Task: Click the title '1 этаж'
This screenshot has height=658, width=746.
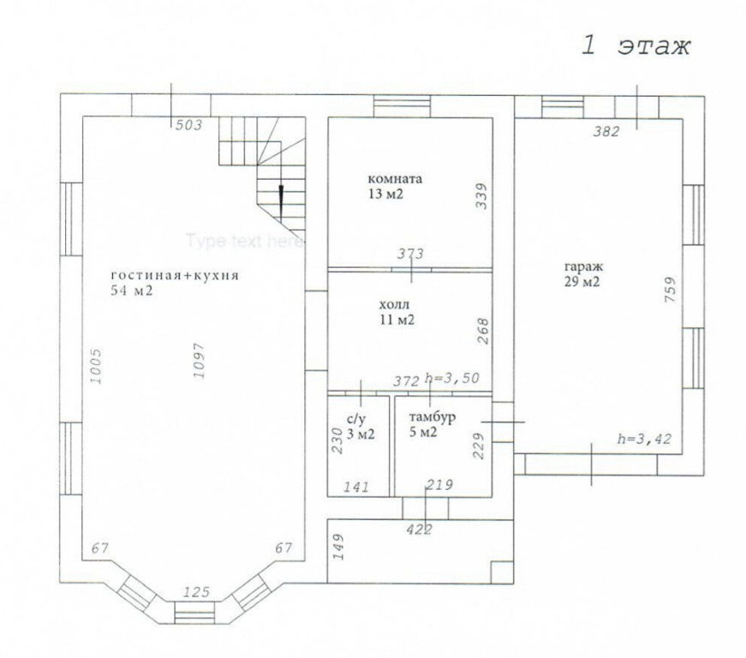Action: click(x=636, y=46)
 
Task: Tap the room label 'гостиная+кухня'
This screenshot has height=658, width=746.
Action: click(x=175, y=276)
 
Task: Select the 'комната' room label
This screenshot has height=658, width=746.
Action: click(x=395, y=179)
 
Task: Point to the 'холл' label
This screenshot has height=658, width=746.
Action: click(x=394, y=304)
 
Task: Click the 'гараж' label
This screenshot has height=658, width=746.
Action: click(x=584, y=266)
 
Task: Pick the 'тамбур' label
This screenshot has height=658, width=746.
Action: click(x=433, y=417)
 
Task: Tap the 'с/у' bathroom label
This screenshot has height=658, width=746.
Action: click(x=357, y=419)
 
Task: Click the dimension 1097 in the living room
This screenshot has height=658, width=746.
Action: click(x=199, y=361)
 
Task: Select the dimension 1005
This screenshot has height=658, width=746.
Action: click(x=96, y=366)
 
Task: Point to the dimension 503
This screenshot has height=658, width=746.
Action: click(x=189, y=125)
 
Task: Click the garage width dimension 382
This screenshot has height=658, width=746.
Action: click(x=606, y=131)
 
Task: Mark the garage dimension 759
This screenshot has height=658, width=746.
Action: click(x=670, y=290)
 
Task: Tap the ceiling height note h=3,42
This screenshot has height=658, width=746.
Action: click(x=644, y=439)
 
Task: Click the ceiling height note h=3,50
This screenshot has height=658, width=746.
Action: click(x=452, y=378)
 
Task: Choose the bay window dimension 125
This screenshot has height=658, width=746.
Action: click(x=196, y=592)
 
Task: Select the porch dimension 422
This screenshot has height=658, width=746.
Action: click(x=419, y=529)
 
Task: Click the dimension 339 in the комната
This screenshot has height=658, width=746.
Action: click(x=482, y=196)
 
